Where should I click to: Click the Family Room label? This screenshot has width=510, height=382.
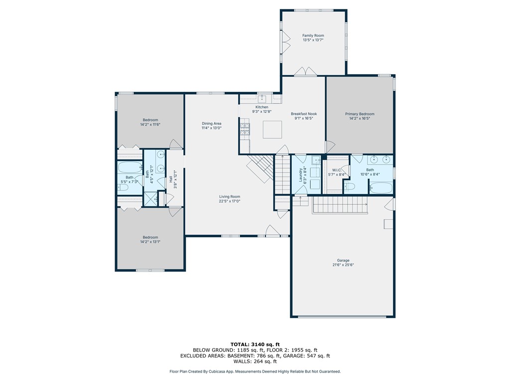(313, 35)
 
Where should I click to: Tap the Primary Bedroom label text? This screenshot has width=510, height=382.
(360, 114)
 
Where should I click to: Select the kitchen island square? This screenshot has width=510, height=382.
(272, 130)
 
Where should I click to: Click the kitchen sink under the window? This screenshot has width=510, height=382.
(262, 98)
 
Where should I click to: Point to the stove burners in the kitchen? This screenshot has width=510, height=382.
(245, 129)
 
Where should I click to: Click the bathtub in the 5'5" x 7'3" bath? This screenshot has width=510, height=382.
(130, 168)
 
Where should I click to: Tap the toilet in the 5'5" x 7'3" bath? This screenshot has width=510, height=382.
(123, 188)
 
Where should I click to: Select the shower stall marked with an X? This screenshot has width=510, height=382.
(150, 198)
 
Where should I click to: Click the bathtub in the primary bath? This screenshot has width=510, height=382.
(381, 188)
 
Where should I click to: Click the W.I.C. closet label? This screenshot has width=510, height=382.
(336, 170)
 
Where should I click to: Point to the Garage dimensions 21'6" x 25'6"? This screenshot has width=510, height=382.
(343, 265)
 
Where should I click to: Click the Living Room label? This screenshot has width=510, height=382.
(229, 196)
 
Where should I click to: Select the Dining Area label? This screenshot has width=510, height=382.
(211, 123)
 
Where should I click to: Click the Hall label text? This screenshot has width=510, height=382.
(170, 179)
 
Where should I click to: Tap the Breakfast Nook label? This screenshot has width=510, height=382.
(304, 114)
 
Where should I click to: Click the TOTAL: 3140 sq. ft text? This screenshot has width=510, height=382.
(255, 344)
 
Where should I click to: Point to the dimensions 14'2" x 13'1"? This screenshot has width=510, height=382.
(150, 242)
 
